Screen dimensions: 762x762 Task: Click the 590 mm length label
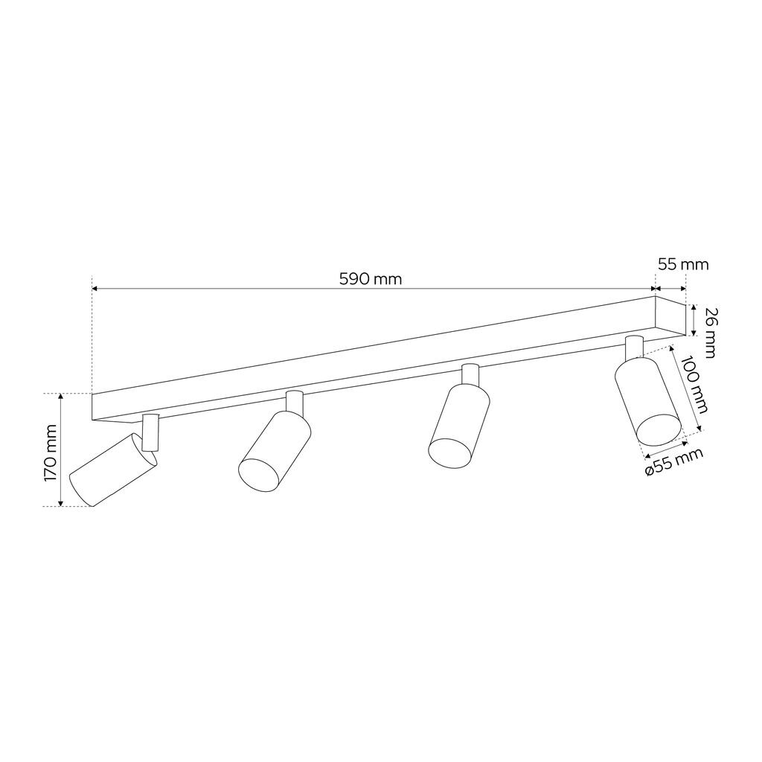click(x=371, y=279)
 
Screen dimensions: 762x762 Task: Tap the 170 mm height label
click(x=51, y=453)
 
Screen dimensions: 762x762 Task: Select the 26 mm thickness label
click(x=709, y=333)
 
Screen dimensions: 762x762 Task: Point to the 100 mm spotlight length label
click(x=694, y=385)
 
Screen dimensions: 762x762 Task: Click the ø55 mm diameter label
click(x=674, y=461)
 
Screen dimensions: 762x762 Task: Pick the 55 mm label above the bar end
click(x=683, y=264)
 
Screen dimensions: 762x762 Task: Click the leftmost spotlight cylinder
click(x=113, y=470)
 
